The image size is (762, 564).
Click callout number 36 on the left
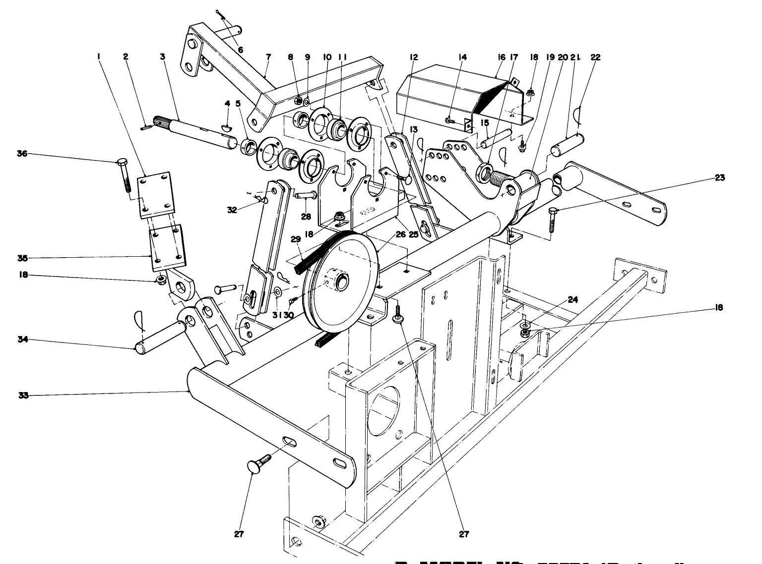click(21, 154)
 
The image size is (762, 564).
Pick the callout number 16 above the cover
click(501, 57)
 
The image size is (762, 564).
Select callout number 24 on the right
click(572, 300)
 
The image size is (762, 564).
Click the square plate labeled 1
click(156, 193)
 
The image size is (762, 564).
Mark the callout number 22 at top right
click(595, 57)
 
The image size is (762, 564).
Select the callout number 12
click(414, 57)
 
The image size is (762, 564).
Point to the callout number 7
click(268, 57)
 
